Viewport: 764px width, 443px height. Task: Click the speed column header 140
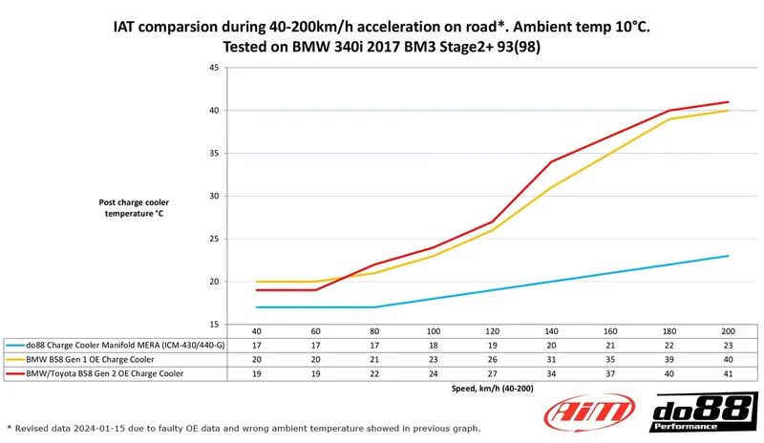(x=552, y=331)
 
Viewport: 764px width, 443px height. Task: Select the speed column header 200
(x=728, y=331)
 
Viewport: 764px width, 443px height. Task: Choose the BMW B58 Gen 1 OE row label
(x=91, y=358)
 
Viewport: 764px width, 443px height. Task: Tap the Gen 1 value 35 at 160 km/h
(x=610, y=358)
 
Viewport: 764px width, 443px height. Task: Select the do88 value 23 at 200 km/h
(x=728, y=345)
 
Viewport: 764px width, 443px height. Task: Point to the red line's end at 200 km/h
(x=729, y=102)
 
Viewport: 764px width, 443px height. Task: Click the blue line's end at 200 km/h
(x=729, y=256)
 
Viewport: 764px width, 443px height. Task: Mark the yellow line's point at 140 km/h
(x=552, y=187)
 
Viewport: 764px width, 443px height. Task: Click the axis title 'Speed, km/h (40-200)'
(x=493, y=389)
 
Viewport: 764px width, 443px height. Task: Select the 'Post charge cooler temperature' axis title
(x=134, y=208)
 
